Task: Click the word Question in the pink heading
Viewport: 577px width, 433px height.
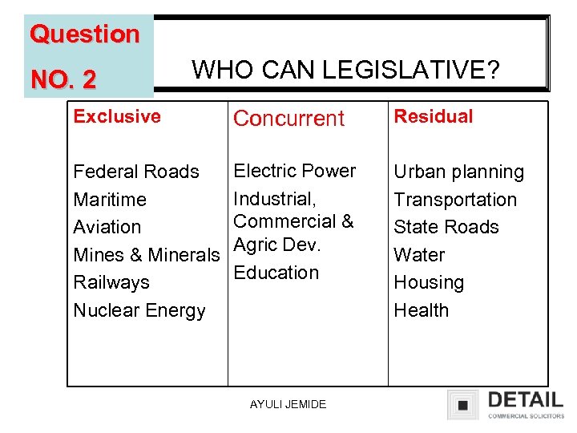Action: [x=84, y=34]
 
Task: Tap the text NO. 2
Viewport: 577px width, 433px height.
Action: [x=63, y=79]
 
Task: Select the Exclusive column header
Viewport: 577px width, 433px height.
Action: [x=117, y=116]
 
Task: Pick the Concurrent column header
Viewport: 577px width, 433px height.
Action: [x=288, y=118]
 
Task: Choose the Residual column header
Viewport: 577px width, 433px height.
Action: [x=434, y=116]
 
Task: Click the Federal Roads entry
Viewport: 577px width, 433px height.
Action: [x=136, y=172]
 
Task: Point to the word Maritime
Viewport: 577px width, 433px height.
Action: [x=110, y=200]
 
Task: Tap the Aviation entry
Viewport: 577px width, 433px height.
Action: [x=107, y=227]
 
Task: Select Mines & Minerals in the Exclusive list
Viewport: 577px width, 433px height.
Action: [x=146, y=255]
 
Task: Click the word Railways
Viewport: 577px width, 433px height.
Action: [x=111, y=282]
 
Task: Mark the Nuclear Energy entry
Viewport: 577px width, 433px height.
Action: [x=139, y=310]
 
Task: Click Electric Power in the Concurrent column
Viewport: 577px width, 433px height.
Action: [x=294, y=171]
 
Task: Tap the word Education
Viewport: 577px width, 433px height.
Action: [x=276, y=273]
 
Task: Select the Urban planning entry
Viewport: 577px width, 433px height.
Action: [x=458, y=172]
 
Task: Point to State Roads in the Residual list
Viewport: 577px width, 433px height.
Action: [x=446, y=227]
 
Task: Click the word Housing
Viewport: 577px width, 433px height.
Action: [x=429, y=282]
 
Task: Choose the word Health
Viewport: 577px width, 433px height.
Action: [x=422, y=310]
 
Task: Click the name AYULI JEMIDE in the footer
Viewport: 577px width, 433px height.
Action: [x=288, y=404]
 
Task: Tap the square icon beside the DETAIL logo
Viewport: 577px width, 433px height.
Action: [x=462, y=404]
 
